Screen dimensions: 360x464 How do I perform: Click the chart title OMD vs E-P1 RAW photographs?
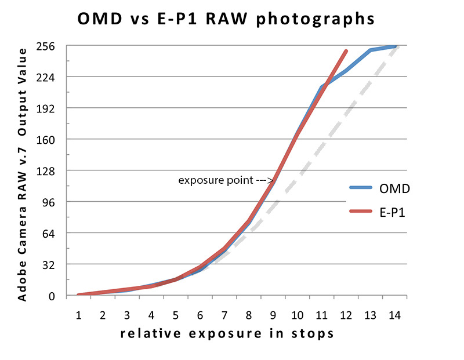click(226, 19)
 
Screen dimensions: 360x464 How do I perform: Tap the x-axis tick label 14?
click(394, 315)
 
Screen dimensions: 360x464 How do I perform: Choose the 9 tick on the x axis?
click(273, 315)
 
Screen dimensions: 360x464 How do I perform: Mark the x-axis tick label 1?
click(78, 315)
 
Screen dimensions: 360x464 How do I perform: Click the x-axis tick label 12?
click(346, 315)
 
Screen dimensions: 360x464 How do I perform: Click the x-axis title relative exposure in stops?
click(227, 334)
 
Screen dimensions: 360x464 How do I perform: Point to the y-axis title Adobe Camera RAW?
click(22, 174)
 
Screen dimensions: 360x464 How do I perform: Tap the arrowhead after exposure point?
click(271, 180)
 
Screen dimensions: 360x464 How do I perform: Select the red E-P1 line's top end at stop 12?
click(346, 51)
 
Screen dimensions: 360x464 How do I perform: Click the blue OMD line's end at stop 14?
click(395, 46)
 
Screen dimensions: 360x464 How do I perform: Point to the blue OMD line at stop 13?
click(371, 50)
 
